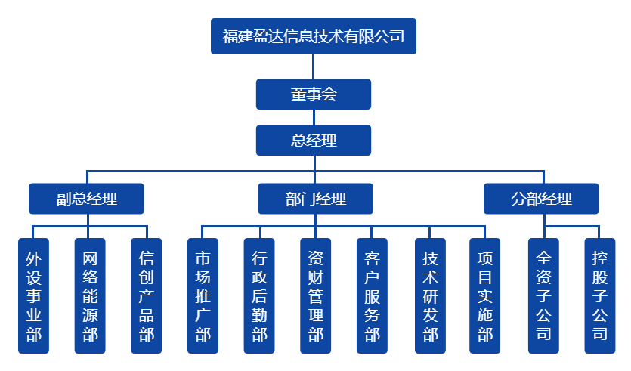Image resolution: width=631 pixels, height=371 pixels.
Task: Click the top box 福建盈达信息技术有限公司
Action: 314,36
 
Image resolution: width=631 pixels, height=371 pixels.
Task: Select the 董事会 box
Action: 314,94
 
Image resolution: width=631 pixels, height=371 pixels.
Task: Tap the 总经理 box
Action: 314,140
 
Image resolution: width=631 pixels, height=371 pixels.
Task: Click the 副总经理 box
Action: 87,199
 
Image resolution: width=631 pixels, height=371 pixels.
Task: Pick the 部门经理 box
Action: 315,199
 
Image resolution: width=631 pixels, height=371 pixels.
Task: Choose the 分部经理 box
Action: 541,199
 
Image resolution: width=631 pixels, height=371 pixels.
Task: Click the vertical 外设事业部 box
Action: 33,295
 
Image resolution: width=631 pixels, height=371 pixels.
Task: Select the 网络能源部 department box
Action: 90,295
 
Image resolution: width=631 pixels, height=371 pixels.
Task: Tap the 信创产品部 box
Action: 147,295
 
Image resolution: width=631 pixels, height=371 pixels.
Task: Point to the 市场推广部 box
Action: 203,295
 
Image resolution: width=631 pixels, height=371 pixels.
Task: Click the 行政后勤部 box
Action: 259,295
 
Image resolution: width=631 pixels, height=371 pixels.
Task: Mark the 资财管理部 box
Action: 316,295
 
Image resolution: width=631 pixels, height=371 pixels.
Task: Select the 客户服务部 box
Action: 372,295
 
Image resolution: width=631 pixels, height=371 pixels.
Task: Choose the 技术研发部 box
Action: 430,295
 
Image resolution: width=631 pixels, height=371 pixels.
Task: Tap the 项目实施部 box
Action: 485,295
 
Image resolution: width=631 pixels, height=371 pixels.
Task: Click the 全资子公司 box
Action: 543,295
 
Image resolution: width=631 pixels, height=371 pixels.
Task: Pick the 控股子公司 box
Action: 600,295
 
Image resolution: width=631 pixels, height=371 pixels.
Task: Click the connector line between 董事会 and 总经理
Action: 314,117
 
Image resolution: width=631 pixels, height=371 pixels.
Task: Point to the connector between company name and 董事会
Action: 314,66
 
